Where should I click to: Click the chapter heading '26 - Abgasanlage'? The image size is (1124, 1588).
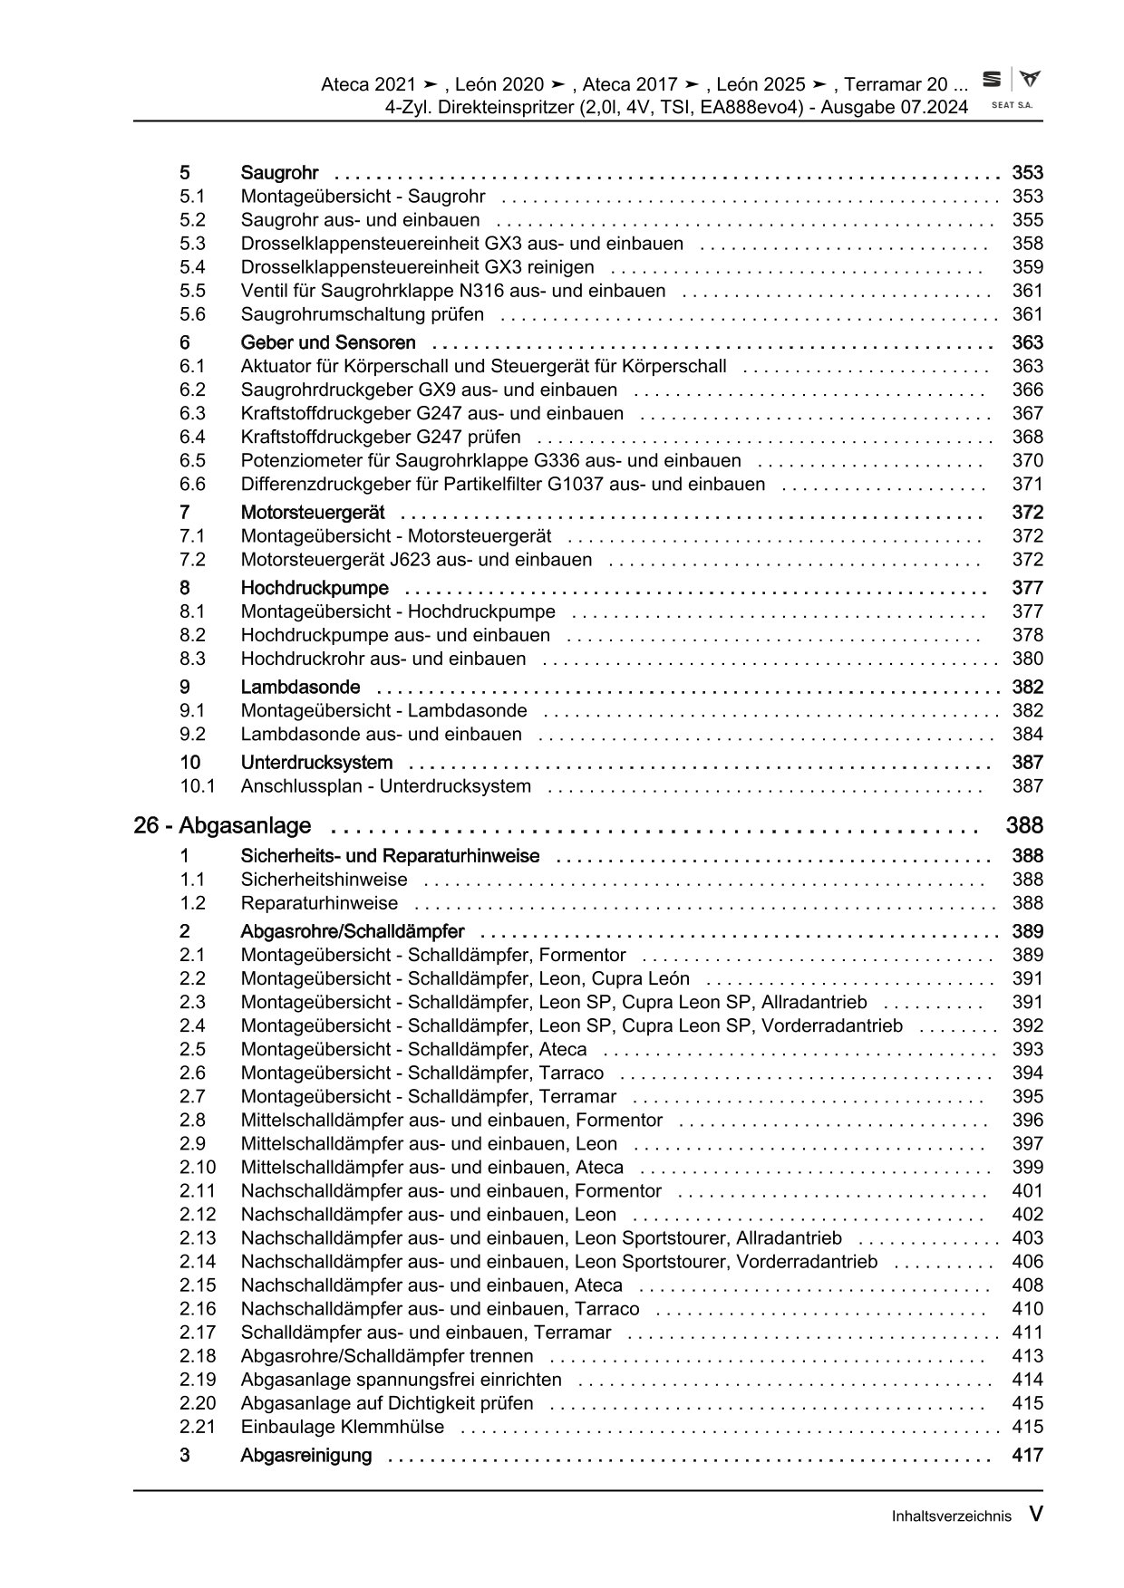coord(222,825)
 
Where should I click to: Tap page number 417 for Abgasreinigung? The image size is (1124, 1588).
coord(1027,1455)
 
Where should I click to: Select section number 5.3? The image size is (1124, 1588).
coord(192,244)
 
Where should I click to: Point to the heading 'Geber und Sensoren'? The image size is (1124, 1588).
coord(328,342)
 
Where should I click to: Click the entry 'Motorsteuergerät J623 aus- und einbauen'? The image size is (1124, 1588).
coord(416,560)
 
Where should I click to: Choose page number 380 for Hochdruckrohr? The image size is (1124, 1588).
coord(1027,659)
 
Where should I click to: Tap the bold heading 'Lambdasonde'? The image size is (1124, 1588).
coord(300,687)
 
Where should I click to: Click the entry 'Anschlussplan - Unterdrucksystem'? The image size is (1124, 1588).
coord(385,786)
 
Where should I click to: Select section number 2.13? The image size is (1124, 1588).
coord(198,1237)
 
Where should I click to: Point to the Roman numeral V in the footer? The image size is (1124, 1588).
coord(1035,1513)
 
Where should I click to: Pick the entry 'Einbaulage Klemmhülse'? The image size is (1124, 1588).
coord(343,1427)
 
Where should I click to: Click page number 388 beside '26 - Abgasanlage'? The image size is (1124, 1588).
coord(1024,825)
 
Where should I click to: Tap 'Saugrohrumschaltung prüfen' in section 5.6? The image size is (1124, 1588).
coord(362,314)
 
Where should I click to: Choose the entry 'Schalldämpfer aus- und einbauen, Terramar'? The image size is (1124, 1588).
coord(426,1333)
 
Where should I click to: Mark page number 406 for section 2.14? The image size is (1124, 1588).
coord(1027,1261)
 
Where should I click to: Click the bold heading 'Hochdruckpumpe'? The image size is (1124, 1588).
coord(315,588)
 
